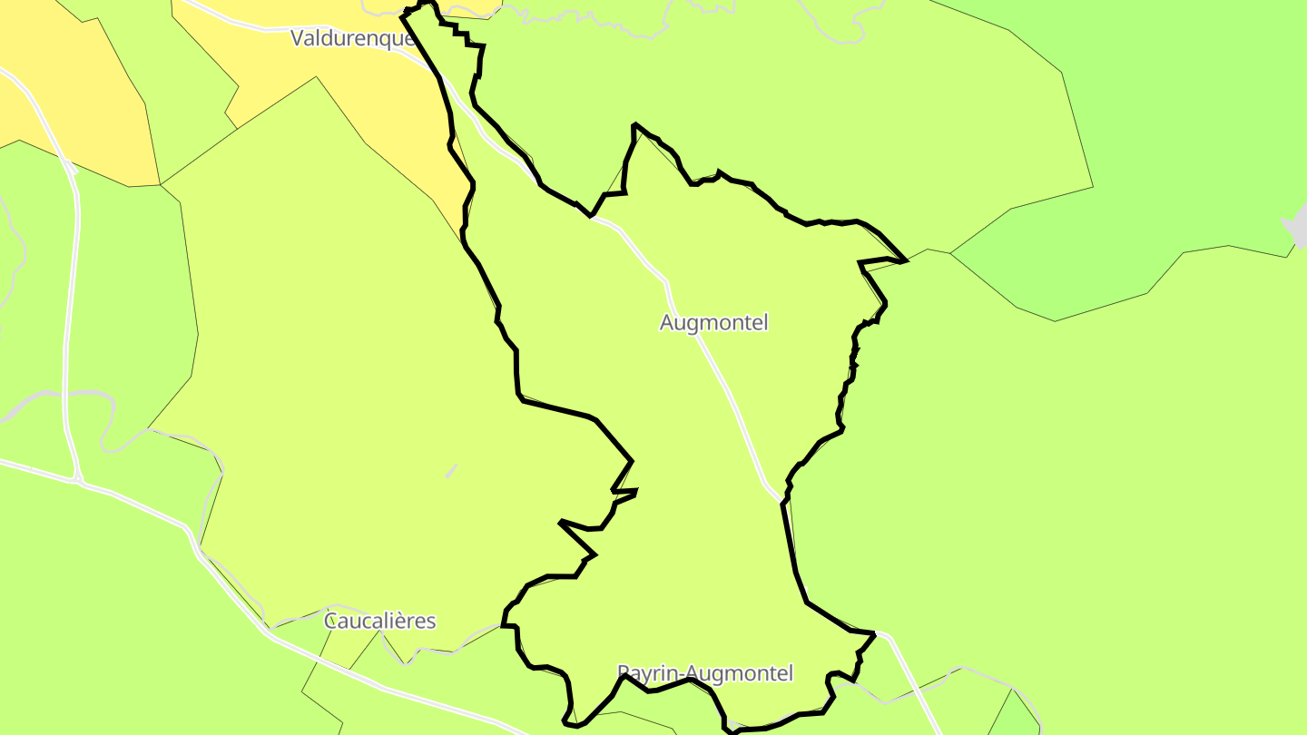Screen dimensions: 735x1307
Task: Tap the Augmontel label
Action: click(713, 322)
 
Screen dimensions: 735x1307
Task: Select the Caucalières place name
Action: click(379, 622)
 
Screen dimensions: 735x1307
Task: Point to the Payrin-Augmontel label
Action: click(705, 673)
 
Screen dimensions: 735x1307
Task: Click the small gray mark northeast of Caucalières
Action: click(451, 470)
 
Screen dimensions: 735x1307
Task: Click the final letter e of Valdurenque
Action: click(409, 38)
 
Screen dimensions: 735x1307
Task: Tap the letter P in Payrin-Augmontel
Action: click(623, 673)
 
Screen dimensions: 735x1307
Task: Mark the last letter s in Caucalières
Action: click(431, 622)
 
